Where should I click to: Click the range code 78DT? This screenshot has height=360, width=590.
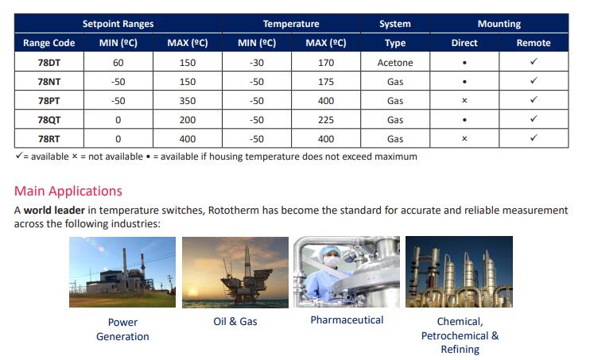pos(49,63)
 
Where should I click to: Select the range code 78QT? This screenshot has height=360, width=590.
pos(49,120)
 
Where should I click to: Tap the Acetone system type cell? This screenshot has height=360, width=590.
pos(395,63)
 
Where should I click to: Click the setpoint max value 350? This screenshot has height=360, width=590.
pos(188,101)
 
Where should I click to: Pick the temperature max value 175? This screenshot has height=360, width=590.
pos(326,82)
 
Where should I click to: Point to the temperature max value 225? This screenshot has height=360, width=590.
pos(326,120)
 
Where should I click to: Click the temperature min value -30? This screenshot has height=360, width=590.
pos(257,63)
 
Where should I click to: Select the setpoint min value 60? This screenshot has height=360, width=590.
pos(118,63)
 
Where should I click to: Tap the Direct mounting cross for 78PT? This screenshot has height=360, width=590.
pos(464,100)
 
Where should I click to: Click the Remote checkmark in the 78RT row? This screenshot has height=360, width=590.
pos(534,137)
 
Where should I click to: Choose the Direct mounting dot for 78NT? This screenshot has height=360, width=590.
pos(464,82)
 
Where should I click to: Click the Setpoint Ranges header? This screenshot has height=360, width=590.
pos(118,24)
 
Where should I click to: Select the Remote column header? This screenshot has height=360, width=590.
pos(534,43)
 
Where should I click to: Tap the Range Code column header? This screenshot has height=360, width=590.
pos(49,43)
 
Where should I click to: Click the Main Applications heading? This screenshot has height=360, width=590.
pos(68,191)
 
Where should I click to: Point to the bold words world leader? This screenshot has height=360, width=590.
pos(54,210)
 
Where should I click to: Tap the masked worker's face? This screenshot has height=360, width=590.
pos(331,260)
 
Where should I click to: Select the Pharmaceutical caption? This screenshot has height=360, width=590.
pos(347,319)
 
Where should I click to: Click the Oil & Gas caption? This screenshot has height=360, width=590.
pos(235,321)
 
